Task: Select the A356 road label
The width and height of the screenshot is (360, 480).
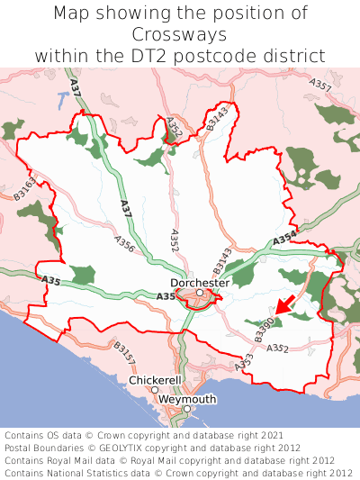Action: pyautogui.click(x=124, y=245)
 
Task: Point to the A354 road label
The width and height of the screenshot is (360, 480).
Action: pyautogui.click(x=283, y=238)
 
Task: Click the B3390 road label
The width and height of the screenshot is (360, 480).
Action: pyautogui.click(x=263, y=330)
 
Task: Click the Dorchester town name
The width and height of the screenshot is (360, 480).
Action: pyautogui.click(x=200, y=282)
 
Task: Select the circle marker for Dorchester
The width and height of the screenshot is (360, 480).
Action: pyautogui.click(x=200, y=293)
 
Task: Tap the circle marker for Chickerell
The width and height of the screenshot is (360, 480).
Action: pyautogui.click(x=155, y=390)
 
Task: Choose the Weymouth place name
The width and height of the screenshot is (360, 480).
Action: pyautogui.click(x=187, y=399)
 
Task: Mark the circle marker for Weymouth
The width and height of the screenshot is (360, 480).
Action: pyautogui.click(x=187, y=409)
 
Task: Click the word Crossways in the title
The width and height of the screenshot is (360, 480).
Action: pyautogui.click(x=179, y=34)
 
